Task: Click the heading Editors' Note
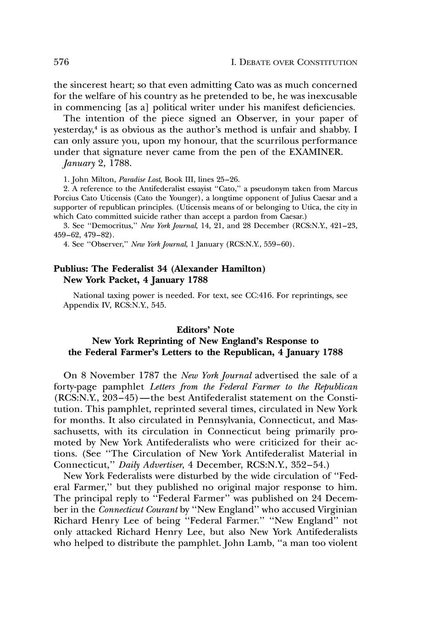click(x=205, y=330)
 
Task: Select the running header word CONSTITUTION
click(x=328, y=63)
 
